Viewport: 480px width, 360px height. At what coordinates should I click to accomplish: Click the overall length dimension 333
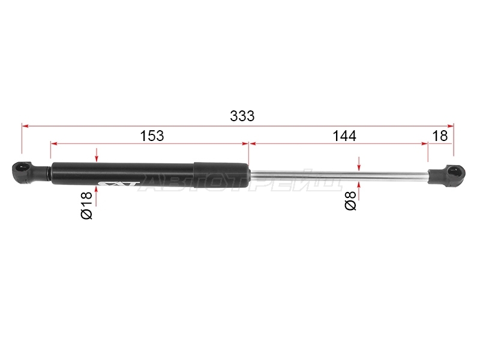pos(242,116)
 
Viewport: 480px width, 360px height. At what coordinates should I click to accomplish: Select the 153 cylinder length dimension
pos(152,136)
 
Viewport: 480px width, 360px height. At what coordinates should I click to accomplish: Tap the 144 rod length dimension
pos(344,136)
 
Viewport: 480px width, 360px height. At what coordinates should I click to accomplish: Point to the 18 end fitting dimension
pos(440,136)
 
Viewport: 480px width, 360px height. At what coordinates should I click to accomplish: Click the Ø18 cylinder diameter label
pos(86,205)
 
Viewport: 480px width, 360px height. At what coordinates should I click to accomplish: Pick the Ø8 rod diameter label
pos(350,201)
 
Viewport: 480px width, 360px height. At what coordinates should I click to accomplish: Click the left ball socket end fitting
pos(31,173)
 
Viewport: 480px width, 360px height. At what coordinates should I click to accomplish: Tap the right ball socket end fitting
pos(446,175)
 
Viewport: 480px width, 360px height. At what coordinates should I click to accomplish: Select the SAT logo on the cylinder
pos(119,184)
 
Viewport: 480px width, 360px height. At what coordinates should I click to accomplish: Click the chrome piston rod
pos(338,176)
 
